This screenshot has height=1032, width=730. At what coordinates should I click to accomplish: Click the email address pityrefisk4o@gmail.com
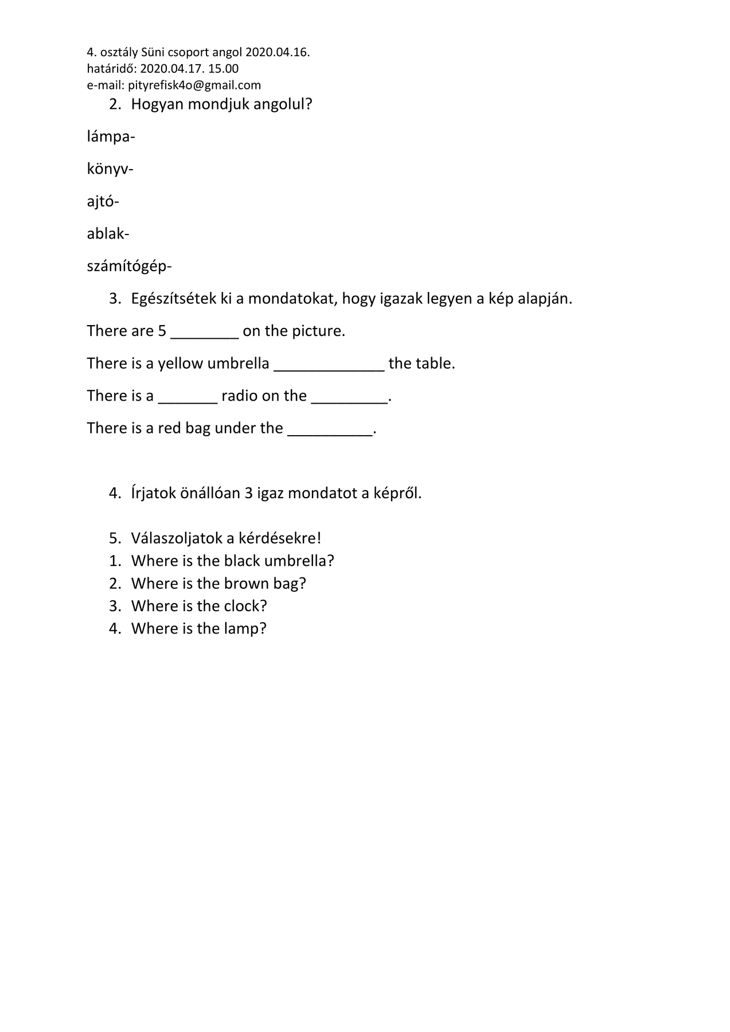[194, 85]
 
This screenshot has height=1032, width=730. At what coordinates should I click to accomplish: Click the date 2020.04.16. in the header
[278, 53]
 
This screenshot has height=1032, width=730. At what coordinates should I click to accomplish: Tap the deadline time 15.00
[223, 69]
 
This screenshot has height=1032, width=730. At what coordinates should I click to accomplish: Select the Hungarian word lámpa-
[111, 137]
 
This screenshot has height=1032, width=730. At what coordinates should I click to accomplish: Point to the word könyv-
[110, 169]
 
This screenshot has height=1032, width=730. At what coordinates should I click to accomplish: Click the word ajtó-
[103, 202]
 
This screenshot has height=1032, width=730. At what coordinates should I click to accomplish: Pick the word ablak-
[108, 234]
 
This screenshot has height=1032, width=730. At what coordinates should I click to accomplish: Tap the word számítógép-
[129, 267]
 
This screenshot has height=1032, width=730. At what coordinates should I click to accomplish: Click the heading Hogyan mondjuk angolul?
[221, 104]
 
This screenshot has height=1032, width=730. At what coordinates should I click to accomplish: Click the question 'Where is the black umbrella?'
[232, 561]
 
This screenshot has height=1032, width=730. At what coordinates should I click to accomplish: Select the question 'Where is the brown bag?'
[218, 584]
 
